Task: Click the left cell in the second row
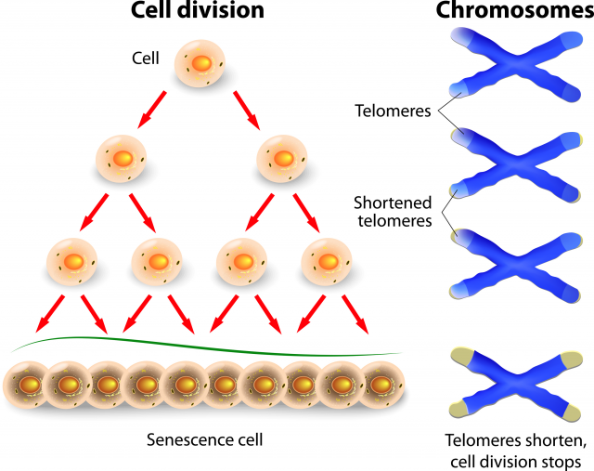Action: click(x=123, y=159)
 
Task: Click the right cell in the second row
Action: click(x=284, y=159)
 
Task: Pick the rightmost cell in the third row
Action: click(x=327, y=261)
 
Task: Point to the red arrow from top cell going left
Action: click(x=152, y=108)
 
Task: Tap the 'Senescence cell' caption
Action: click(x=201, y=438)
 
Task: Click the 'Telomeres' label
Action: click(x=393, y=111)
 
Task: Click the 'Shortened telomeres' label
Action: click(x=393, y=211)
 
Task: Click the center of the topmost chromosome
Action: click(x=511, y=66)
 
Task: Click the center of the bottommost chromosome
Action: click(x=511, y=383)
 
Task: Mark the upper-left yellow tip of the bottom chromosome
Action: click(x=458, y=355)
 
